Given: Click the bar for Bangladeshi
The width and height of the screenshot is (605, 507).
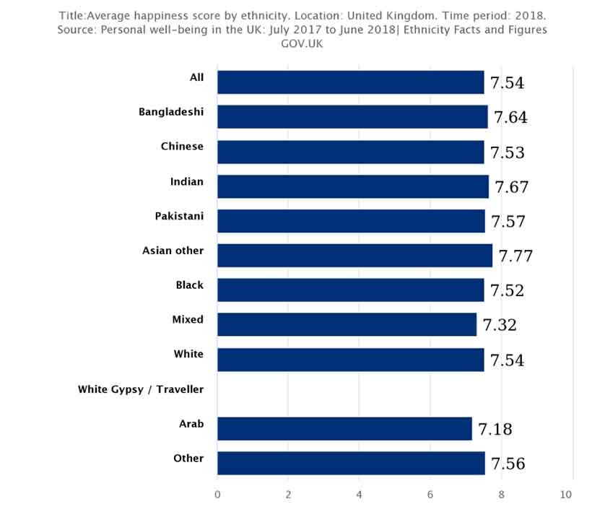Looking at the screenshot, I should (352, 117).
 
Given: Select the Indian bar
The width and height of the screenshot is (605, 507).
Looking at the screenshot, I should (352, 186).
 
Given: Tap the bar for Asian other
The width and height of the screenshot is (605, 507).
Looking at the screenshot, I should (354, 256).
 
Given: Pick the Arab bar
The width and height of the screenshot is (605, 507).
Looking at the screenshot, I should (344, 428).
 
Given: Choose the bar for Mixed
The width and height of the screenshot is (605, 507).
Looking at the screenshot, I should (347, 324).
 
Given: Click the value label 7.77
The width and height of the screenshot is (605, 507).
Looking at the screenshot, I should (515, 256).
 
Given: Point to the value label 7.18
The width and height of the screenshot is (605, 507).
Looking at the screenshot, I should (495, 429).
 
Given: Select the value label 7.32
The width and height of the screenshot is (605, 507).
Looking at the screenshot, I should (500, 325).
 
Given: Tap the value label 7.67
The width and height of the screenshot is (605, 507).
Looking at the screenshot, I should (512, 187).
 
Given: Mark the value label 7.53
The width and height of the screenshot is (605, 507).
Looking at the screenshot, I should (508, 152).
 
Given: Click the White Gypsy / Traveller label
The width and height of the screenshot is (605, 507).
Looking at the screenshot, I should (141, 390).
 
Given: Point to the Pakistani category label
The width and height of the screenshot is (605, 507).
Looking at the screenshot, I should (179, 216).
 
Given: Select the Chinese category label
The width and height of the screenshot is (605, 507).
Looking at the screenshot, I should (182, 147).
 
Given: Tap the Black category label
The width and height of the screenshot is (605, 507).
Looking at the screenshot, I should (189, 285).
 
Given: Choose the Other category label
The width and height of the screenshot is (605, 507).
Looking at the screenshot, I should (188, 459).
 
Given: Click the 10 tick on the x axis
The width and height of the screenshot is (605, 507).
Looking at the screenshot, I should (565, 495).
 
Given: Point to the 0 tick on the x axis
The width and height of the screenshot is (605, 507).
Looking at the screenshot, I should (217, 495).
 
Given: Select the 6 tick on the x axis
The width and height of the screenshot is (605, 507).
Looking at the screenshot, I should (430, 495).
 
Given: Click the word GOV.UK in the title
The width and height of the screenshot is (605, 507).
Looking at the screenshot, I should (302, 43).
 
